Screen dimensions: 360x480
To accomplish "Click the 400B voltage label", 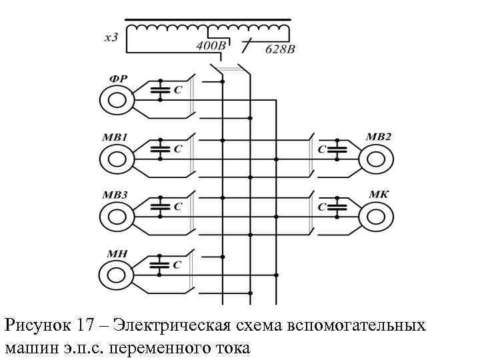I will click(211, 47).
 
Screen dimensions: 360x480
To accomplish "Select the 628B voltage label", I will click(280, 49).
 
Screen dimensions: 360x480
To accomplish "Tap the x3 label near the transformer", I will click(111, 37).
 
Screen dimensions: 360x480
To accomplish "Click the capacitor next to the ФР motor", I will click(159, 89).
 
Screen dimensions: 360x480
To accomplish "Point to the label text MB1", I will click(115, 137).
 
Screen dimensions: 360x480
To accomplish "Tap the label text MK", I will click(377, 195).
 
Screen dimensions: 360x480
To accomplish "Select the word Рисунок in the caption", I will click(37, 326).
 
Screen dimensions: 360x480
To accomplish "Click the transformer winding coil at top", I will click(209, 30).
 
